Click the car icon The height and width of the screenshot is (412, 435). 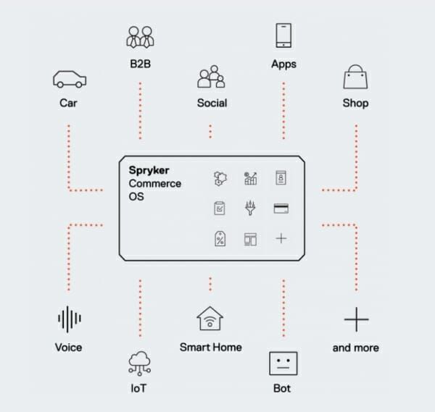pyautogui.click(x=68, y=79)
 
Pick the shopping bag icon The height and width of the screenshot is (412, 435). pyautogui.click(x=355, y=78)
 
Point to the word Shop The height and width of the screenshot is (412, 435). pyautogui.click(x=355, y=103)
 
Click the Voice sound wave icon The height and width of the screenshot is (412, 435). pyautogui.click(x=68, y=319)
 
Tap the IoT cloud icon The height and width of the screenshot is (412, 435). pyautogui.click(x=138, y=361)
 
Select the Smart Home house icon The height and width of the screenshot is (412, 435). pyautogui.click(x=210, y=319)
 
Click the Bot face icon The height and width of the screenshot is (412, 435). pyautogui.click(x=282, y=362)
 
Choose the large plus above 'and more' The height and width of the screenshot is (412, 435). pyautogui.click(x=355, y=319)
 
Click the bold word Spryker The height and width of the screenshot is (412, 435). pyautogui.click(x=149, y=170)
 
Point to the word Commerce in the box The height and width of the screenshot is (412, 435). pyautogui.click(x=155, y=183)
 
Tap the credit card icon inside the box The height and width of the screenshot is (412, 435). pyautogui.click(x=281, y=209)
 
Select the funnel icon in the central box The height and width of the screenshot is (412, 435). pyautogui.click(x=250, y=209)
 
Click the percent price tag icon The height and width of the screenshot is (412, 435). pyautogui.click(x=219, y=238)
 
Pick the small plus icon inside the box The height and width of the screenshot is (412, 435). pyautogui.click(x=281, y=238)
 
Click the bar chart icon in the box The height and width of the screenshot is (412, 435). pyautogui.click(x=250, y=178)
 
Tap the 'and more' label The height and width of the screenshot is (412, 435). pyautogui.click(x=355, y=348)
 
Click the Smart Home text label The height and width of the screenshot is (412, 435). pyautogui.click(x=210, y=348)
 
